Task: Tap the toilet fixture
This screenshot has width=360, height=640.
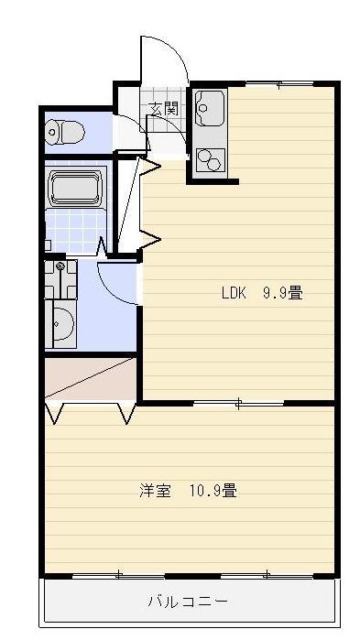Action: [65, 133]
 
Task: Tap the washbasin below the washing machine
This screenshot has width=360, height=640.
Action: [61, 325]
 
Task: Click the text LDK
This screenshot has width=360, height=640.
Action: [235, 294]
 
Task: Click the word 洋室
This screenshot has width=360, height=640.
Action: [156, 491]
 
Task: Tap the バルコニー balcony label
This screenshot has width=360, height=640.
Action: [188, 602]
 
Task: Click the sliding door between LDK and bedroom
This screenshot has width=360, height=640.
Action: [237, 402]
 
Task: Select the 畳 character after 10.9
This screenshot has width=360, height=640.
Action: [230, 491]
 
